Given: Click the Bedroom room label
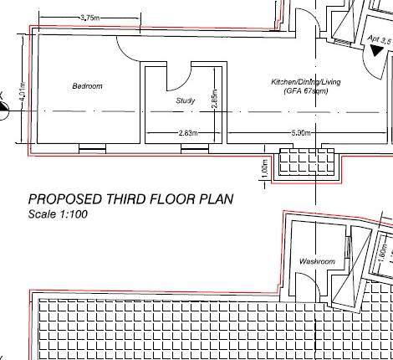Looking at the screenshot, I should [x=87, y=86].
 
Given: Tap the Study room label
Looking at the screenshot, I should [x=186, y=100].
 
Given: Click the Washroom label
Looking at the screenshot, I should [x=317, y=262].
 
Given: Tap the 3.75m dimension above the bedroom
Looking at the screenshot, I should [x=90, y=18].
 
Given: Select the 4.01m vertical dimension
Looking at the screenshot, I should [x=23, y=96].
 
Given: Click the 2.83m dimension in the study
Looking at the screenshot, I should [x=188, y=133].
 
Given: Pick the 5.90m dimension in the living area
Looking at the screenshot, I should [x=302, y=133].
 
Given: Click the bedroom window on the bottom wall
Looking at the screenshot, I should [x=92, y=149].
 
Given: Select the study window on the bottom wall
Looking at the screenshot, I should [x=194, y=149].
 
